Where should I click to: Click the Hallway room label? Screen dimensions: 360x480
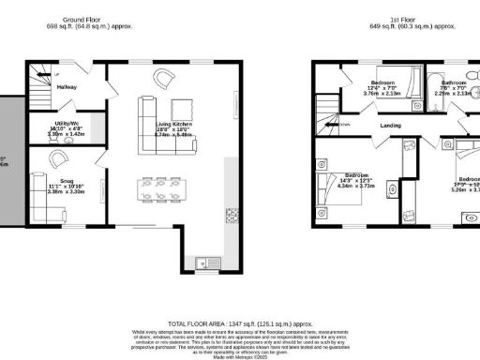[x=66, y=87]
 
